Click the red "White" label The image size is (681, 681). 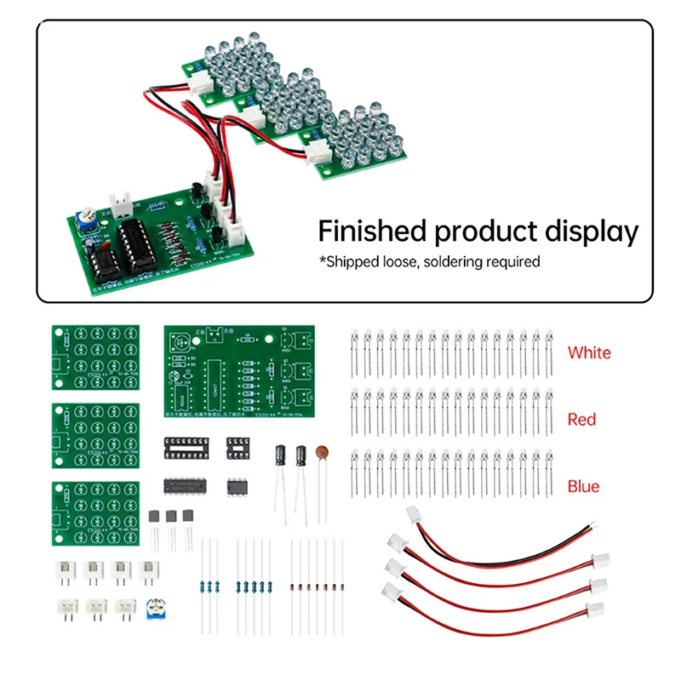point(589,352)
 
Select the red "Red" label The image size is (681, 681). point(582,419)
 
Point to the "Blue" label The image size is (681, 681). point(583,486)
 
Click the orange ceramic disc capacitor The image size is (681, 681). point(322,455)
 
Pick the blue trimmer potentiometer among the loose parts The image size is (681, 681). point(156,609)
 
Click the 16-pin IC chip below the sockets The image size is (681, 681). point(187,485)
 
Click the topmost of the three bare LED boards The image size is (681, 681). point(94,357)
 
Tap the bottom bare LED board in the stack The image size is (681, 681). point(94,514)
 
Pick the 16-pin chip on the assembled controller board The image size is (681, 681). point(137,239)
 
